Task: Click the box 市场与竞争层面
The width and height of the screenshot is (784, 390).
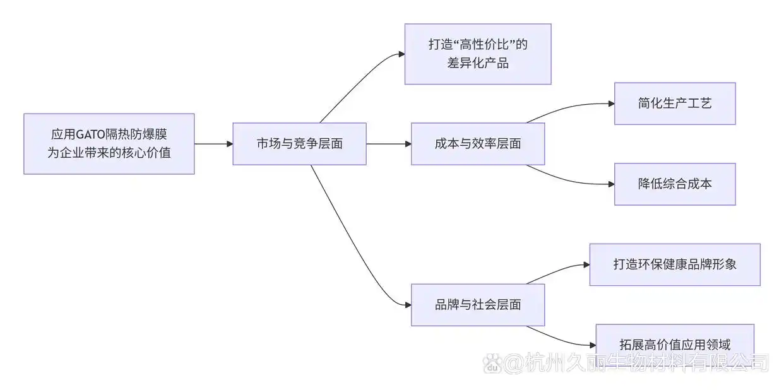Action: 299,144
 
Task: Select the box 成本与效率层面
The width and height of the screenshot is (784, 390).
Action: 478,144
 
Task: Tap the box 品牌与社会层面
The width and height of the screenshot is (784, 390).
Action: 478,305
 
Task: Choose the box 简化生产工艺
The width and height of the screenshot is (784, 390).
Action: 675,103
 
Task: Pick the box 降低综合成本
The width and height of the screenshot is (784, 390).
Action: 675,184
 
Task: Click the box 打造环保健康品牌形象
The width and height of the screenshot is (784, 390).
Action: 675,264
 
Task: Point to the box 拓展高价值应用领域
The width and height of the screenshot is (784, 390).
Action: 675,345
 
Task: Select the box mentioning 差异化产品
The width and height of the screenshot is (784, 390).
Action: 478,54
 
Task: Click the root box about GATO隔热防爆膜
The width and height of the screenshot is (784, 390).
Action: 109,144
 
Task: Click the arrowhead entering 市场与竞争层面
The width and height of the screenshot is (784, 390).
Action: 229,144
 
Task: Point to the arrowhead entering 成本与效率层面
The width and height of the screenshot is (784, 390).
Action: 408,144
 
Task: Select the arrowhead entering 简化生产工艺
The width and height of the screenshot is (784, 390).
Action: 611,103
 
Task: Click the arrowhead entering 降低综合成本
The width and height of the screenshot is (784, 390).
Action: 611,184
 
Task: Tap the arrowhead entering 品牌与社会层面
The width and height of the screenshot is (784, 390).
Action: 408,305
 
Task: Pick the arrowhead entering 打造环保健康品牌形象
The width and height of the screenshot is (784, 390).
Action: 586,264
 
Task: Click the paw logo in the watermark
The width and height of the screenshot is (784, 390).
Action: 492,362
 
